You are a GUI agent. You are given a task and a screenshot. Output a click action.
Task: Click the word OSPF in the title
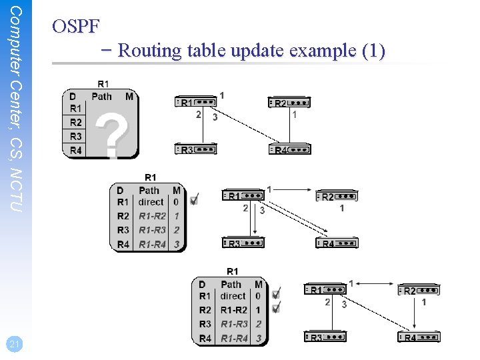(75, 27)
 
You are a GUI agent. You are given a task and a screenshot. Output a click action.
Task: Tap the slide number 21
(14, 344)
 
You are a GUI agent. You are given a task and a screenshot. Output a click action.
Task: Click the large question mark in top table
(111, 133)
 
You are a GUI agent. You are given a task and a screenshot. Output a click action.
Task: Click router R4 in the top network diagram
(289, 149)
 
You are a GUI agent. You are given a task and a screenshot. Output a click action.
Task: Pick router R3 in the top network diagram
(195, 149)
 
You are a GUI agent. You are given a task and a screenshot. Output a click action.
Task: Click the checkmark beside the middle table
(194, 199)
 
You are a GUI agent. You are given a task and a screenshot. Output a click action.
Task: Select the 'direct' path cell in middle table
(151, 201)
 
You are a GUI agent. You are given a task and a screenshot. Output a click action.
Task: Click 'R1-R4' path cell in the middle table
(152, 245)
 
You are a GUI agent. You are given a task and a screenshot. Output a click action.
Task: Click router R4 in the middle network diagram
(337, 243)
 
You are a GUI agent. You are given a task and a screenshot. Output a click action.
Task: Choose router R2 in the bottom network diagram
(419, 291)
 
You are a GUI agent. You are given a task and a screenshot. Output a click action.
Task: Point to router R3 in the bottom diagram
(325, 337)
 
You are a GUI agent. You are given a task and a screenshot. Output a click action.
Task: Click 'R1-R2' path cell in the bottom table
(233, 310)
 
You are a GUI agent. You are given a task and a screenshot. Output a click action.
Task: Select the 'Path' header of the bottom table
(231, 284)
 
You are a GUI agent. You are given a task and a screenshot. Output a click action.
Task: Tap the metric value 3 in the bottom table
(258, 339)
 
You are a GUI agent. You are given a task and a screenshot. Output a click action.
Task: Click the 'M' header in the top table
(129, 96)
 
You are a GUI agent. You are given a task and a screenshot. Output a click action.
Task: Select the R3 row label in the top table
(76, 136)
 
